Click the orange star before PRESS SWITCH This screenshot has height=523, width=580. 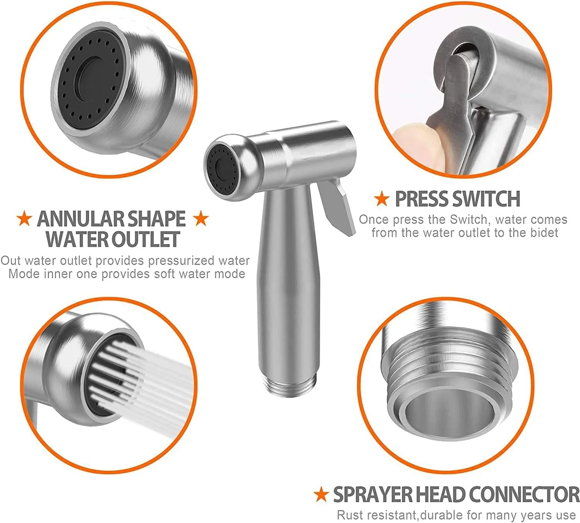(382, 198)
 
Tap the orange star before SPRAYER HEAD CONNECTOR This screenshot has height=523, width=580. (321, 494)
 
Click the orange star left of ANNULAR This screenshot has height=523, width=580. (24, 219)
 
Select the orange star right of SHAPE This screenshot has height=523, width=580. (201, 219)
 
